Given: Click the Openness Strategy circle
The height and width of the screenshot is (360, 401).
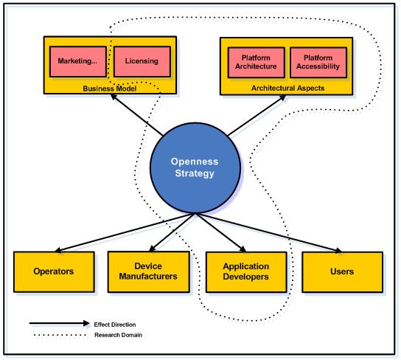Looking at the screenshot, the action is click(195, 168).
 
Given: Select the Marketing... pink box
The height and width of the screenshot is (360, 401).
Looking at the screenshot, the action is click(78, 61).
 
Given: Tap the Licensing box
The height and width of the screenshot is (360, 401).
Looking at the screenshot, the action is click(142, 61).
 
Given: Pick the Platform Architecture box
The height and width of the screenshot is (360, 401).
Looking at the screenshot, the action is click(257, 63).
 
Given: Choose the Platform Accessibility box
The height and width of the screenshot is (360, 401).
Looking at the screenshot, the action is click(318, 63).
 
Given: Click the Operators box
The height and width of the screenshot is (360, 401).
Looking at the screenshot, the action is click(54, 271).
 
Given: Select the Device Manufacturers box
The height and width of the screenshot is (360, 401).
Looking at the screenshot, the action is click(149, 271).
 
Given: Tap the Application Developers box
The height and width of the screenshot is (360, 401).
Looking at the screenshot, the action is click(246, 272).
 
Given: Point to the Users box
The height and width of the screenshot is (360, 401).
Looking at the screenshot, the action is click(343, 272).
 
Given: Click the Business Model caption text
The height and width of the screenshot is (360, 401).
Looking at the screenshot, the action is click(109, 89).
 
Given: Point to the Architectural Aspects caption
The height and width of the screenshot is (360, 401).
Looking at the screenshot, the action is click(287, 88).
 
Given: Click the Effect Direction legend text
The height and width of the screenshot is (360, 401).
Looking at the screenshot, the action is click(115, 325).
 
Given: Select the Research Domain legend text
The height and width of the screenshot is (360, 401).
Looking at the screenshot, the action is click(118, 335).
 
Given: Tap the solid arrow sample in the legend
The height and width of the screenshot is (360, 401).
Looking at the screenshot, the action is click(59, 323).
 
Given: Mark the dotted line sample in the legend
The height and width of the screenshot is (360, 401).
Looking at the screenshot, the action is click(60, 335).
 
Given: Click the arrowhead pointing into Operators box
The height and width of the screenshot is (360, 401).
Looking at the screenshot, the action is click(57, 250).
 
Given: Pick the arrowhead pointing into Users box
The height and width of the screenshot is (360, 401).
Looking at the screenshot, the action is click(338, 250).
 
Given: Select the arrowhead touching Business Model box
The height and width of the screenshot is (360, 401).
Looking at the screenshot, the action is click(114, 97).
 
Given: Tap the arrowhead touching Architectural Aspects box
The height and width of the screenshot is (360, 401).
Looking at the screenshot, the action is click(282, 98).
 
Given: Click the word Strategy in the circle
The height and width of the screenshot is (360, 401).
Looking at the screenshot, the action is click(195, 173).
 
